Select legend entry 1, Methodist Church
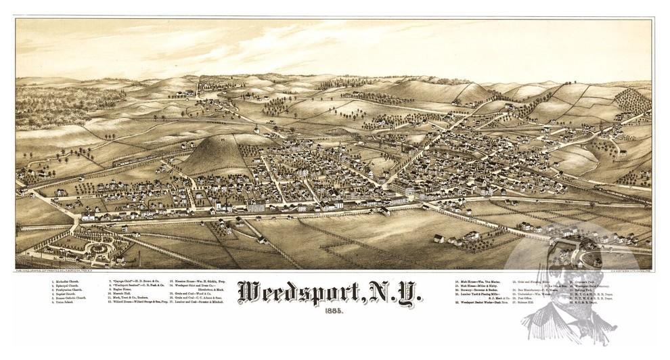tap(68, 279)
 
